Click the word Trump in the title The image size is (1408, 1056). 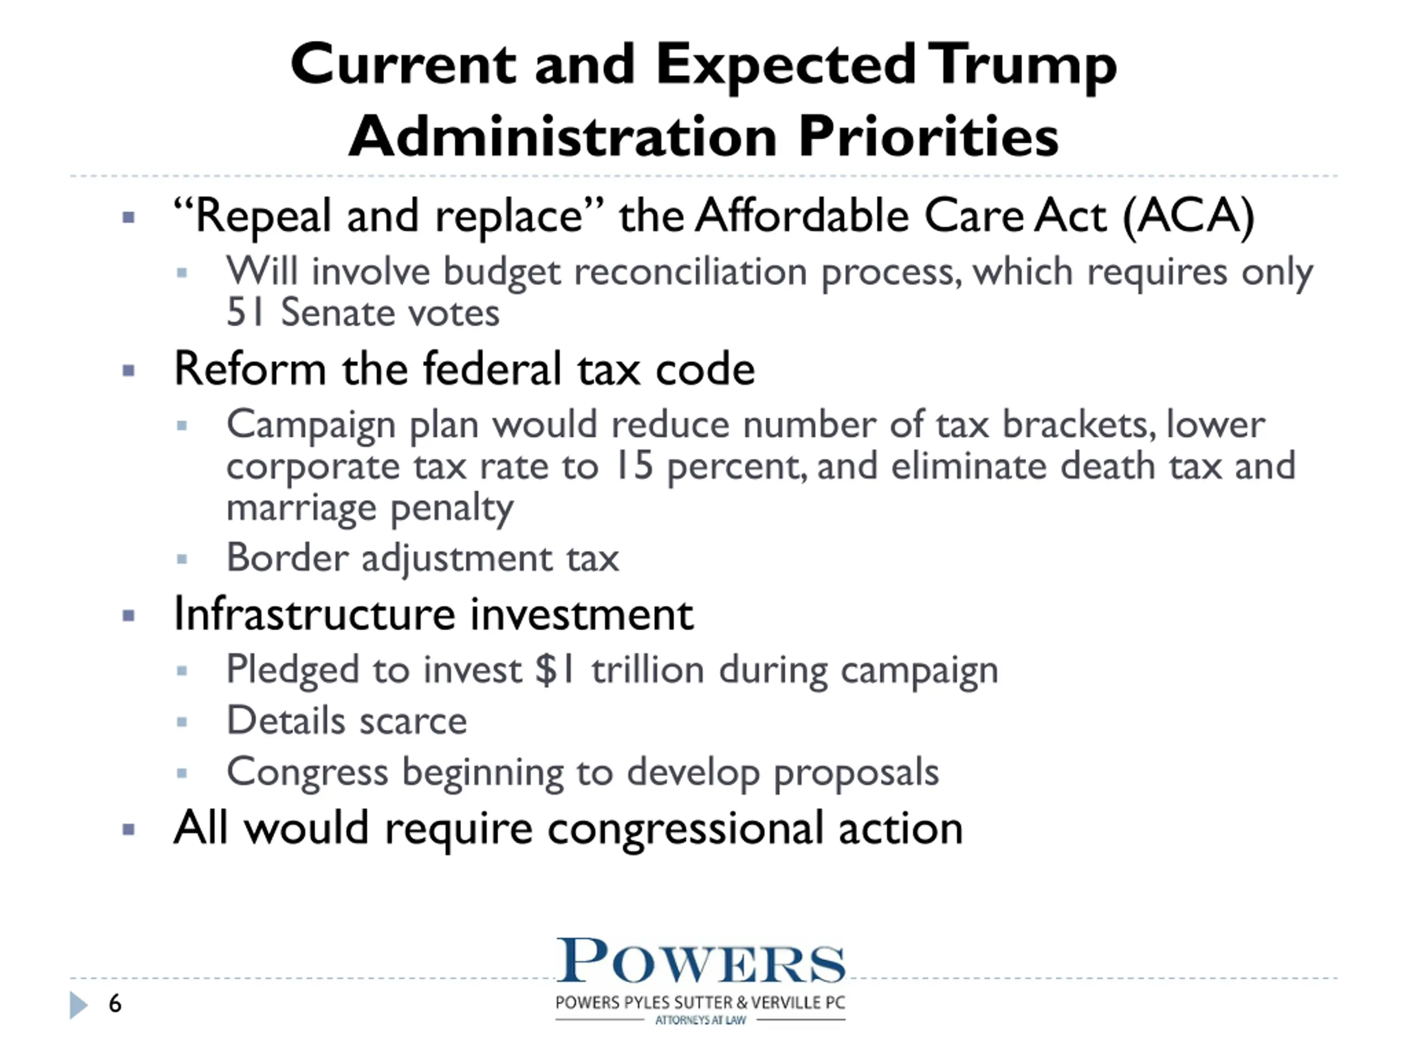coord(1022,66)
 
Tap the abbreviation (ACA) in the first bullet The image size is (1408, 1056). coord(1189,216)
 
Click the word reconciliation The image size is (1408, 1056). coord(691,272)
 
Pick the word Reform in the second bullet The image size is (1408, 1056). coord(250,369)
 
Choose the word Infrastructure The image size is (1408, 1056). coord(315,614)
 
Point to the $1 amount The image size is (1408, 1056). coord(555,670)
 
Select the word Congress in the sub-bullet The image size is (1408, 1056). coord(307,773)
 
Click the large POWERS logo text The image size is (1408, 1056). coord(701,960)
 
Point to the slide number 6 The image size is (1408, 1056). coord(115,1004)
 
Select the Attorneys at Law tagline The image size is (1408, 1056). coord(700,1020)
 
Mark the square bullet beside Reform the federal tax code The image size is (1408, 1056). coord(129,371)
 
